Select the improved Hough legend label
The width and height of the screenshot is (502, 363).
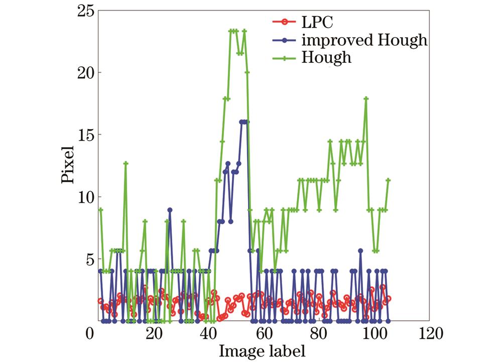(x=364, y=40)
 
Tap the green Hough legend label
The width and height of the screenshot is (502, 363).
(x=327, y=58)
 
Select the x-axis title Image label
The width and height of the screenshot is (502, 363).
(x=262, y=350)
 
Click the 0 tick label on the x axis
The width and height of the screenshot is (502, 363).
(x=90, y=333)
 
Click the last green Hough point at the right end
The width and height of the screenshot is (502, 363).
(x=388, y=180)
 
